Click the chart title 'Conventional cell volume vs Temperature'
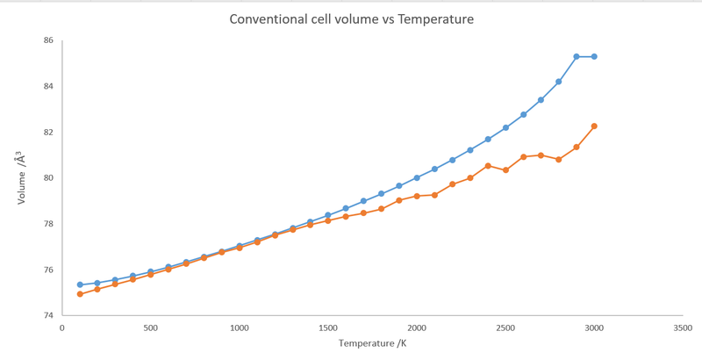point(352,19)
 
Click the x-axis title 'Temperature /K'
point(373,343)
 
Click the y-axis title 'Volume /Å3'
point(21,177)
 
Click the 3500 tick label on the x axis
point(682,328)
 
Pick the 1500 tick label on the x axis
point(328,328)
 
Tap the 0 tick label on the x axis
point(61,328)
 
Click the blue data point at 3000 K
point(594,56)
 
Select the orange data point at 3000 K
point(594,126)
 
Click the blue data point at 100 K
point(80,284)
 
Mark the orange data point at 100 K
point(80,294)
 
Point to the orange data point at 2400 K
point(488,166)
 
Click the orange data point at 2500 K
point(505,170)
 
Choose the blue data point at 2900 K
point(577,56)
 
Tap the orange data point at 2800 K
point(559,160)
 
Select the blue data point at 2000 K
point(417,177)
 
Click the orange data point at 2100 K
point(434,195)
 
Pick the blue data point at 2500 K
point(505,127)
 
